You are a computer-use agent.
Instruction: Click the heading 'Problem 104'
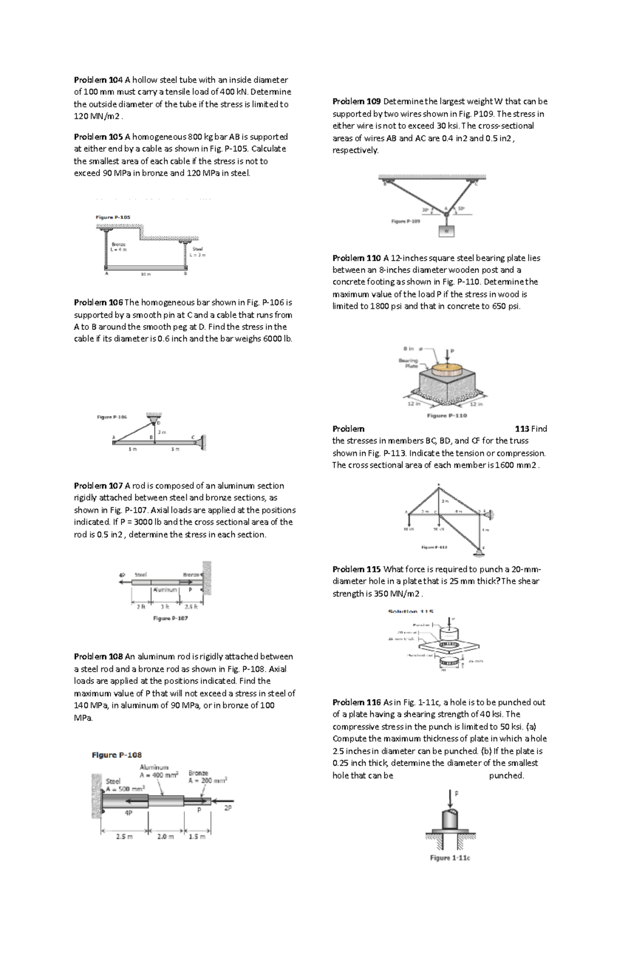98,80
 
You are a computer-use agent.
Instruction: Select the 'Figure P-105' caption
113,217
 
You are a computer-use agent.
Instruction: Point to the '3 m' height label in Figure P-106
162,432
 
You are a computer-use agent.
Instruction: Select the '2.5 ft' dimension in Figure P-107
191,607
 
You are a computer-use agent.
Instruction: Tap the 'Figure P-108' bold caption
117,755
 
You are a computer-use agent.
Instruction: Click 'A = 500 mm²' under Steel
125,789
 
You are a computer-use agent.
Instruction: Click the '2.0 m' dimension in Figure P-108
165,836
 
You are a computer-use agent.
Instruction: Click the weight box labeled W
446,230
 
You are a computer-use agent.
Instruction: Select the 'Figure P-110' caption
446,415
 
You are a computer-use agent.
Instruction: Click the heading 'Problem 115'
356,569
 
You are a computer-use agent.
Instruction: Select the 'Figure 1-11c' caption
450,858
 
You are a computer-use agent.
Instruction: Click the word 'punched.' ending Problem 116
506,775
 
